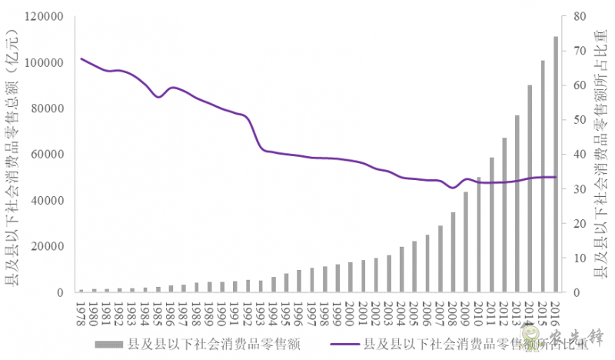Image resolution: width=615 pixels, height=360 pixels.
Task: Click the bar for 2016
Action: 556,165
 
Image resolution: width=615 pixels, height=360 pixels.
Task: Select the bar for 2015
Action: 543,177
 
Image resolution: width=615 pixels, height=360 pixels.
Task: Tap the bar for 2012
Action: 504,215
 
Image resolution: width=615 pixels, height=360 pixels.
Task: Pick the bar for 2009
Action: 466,242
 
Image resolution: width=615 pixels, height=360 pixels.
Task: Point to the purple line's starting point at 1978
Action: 81,59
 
